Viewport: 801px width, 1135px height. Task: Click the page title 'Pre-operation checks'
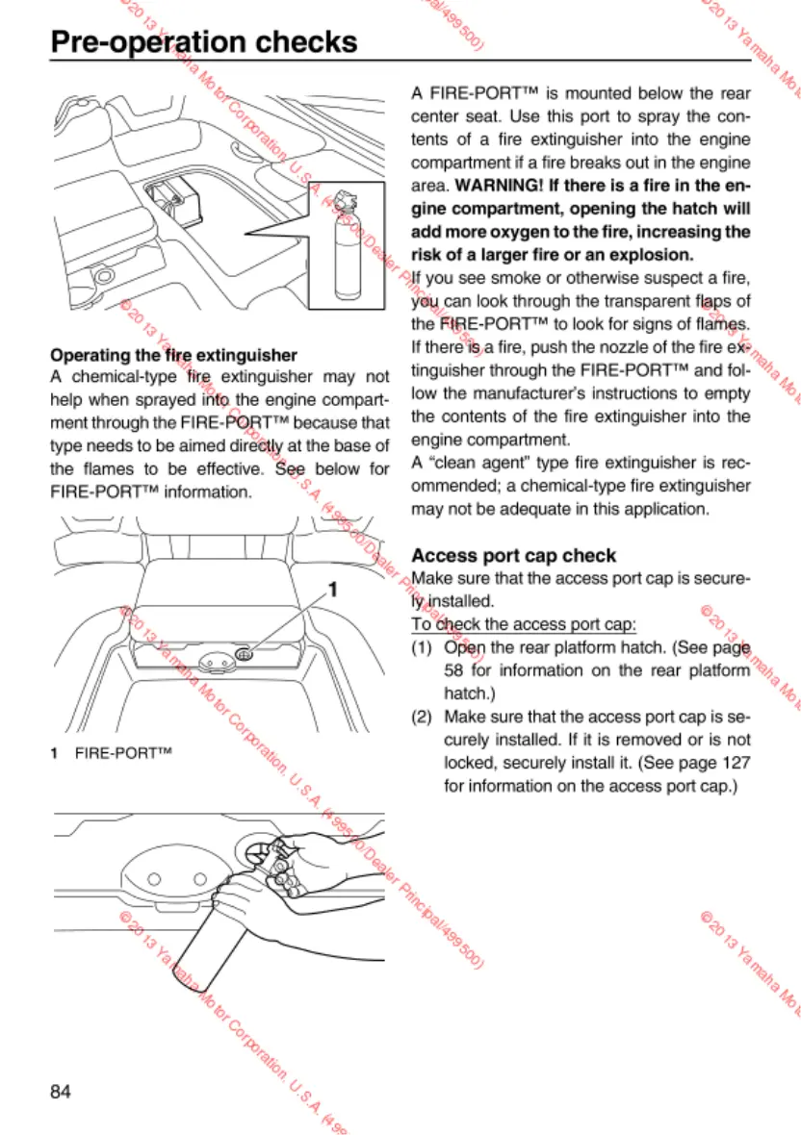(203, 42)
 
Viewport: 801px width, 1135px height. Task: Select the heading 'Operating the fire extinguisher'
(172, 356)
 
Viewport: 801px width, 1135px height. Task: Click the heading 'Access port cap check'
(513, 555)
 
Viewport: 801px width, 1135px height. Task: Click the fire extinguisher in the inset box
(340, 252)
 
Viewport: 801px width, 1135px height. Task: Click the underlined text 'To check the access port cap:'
(523, 624)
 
